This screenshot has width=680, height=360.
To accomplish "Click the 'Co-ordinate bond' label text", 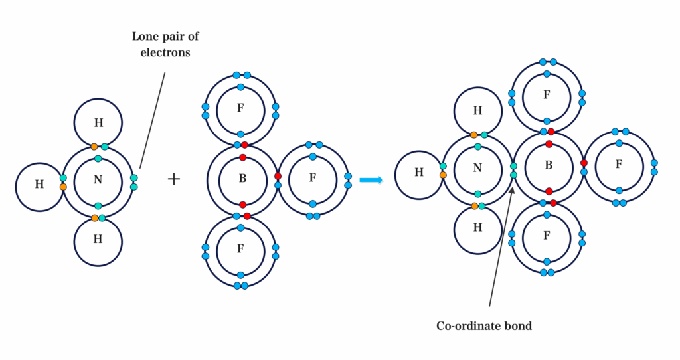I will [x=484, y=326].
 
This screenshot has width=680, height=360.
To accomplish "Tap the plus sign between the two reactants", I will [x=174, y=179].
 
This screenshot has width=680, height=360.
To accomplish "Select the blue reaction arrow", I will [x=371, y=180].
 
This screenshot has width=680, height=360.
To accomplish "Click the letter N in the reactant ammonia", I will [x=98, y=179].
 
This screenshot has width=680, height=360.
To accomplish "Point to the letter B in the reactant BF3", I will [x=242, y=179].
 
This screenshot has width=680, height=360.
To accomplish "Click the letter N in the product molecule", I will [x=477, y=167].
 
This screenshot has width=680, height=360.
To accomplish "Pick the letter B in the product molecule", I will [x=549, y=165].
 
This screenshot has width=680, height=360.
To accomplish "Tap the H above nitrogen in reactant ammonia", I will [x=98, y=122].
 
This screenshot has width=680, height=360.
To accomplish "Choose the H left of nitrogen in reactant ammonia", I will [x=39, y=184].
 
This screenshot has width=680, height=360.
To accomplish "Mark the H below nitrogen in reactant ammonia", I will [x=98, y=240].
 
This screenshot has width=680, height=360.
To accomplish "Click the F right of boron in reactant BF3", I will [x=312, y=179].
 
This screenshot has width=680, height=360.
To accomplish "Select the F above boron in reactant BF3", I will [x=240, y=108].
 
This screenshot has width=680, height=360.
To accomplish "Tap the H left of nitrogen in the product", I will [x=419, y=172].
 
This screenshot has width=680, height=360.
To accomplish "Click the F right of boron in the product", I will [x=619, y=163].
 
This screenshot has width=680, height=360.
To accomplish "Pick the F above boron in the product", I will [x=547, y=95].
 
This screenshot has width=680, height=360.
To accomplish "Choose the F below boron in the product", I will [x=547, y=236].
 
